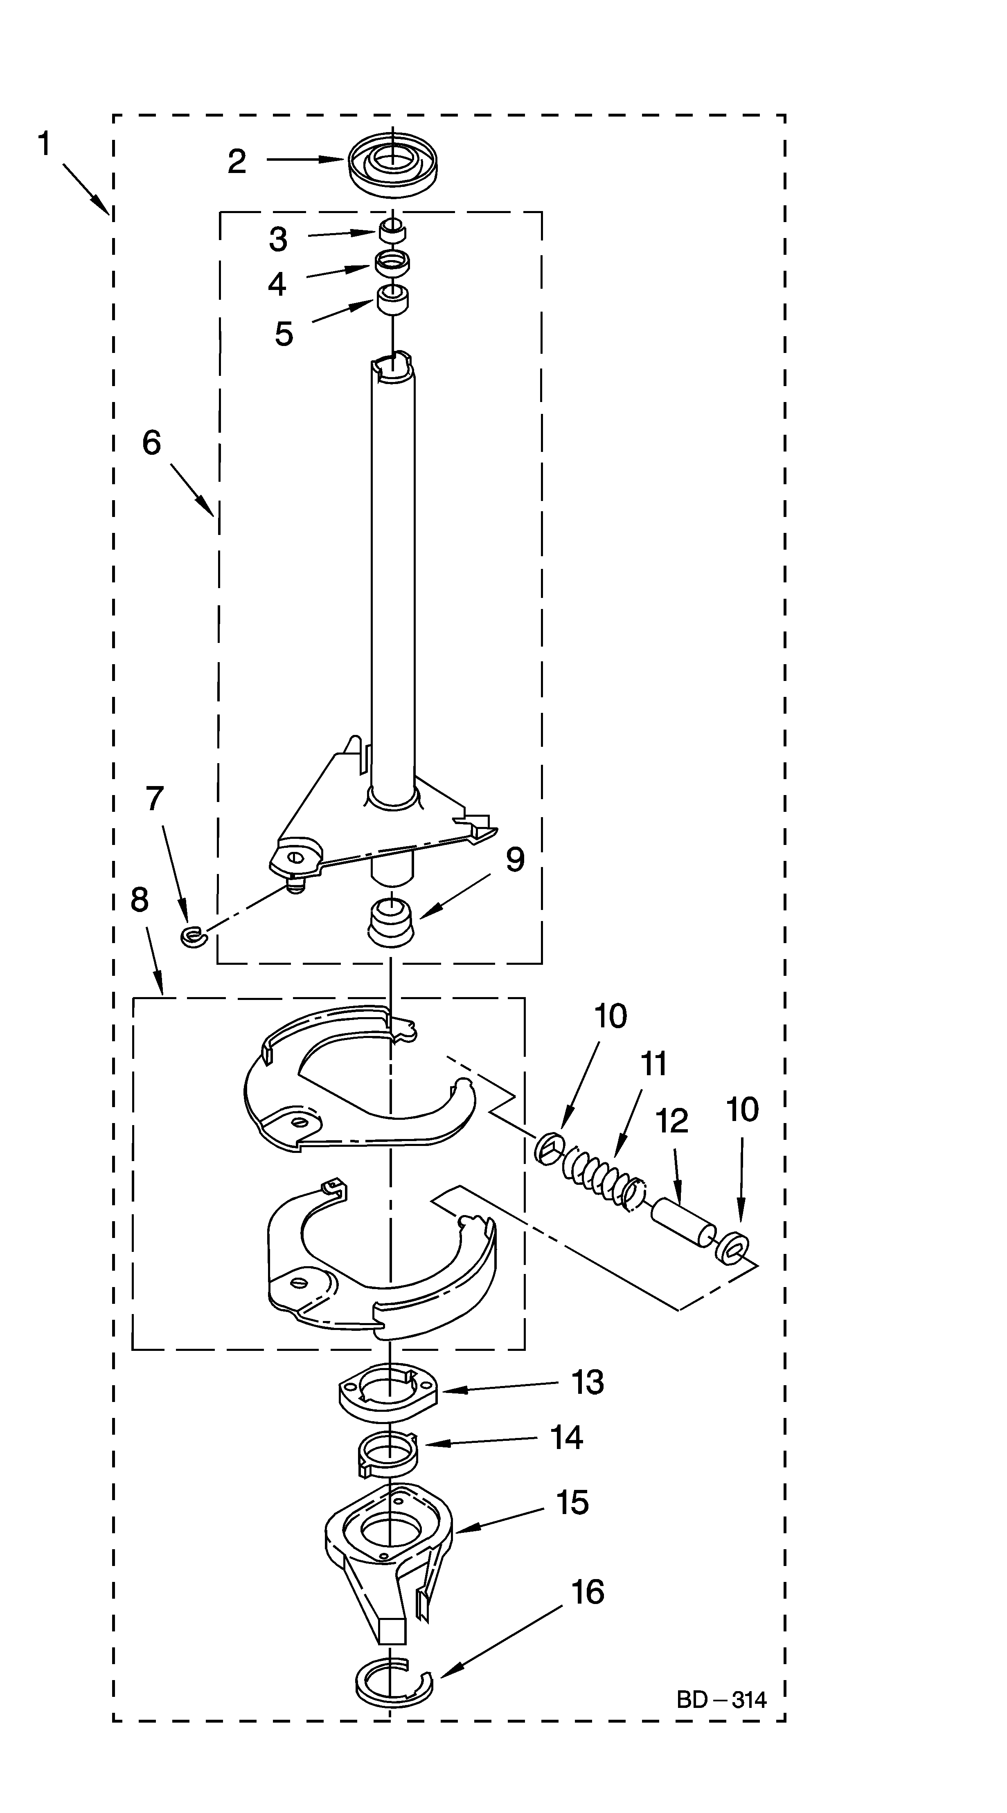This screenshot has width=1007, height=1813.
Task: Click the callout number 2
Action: pos(237,162)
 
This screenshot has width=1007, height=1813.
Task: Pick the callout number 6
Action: pos(151,443)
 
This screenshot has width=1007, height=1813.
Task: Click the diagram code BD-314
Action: pos(721,1700)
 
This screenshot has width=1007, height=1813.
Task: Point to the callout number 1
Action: pos(44,144)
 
